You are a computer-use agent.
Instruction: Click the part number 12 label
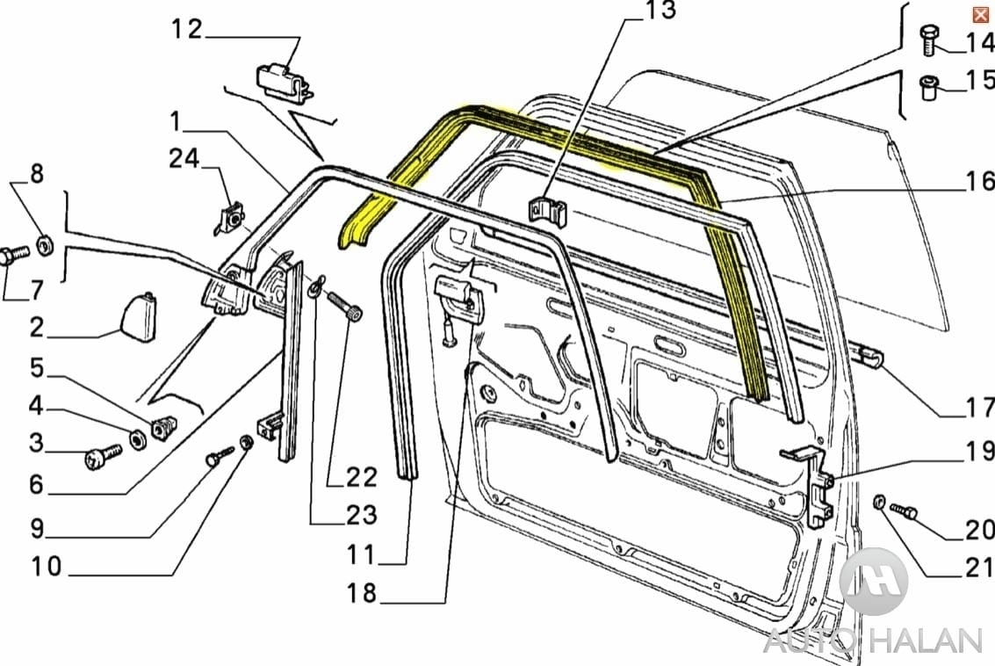click(x=186, y=29)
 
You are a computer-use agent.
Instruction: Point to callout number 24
click(x=184, y=159)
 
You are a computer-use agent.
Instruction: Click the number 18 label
click(x=362, y=594)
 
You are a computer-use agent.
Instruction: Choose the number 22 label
click(x=361, y=477)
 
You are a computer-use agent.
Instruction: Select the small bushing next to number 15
click(x=930, y=88)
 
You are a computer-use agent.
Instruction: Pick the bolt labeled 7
click(x=16, y=256)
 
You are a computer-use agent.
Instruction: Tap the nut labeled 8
click(x=47, y=243)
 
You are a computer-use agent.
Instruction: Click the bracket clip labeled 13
click(x=546, y=212)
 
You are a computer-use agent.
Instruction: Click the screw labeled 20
click(x=903, y=510)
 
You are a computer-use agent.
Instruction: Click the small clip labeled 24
click(x=231, y=216)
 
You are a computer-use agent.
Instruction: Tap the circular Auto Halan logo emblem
click(x=873, y=582)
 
